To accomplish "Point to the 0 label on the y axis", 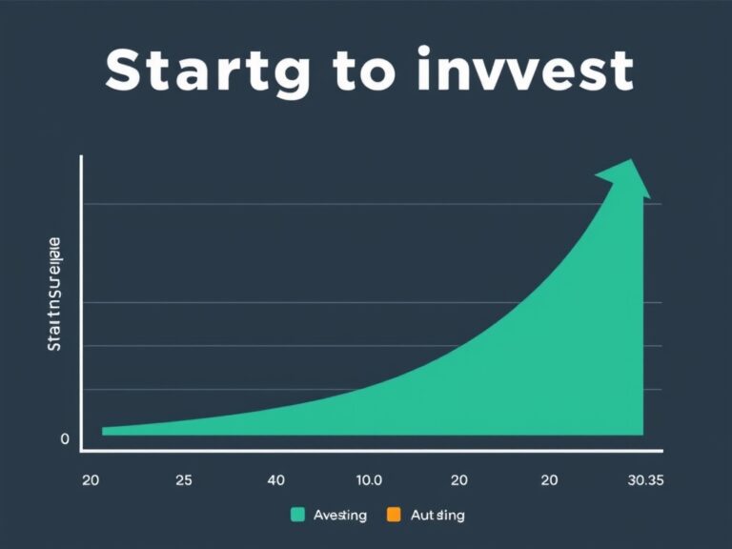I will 65,439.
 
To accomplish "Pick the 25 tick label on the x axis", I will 184,480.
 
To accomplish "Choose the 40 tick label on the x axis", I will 275,480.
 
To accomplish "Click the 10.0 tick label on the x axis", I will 368,480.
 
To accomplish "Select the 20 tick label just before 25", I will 91,480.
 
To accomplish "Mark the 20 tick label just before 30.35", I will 550,480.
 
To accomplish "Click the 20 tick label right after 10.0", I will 458,480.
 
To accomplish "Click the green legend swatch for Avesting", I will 297,516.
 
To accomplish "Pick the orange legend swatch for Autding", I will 394,516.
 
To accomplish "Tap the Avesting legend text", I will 340,516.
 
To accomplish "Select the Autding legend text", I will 437,516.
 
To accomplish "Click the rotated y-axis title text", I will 54,295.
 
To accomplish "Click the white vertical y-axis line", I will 82,305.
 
